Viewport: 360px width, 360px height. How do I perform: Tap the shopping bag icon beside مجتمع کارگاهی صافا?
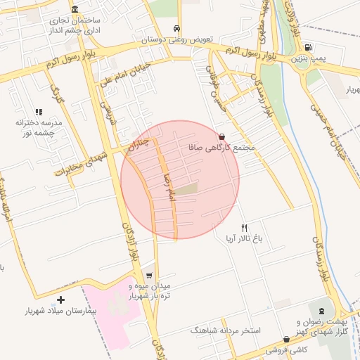coord(223,137)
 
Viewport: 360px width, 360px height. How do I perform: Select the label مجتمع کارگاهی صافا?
coord(221,149)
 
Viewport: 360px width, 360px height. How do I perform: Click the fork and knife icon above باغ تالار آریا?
coord(245,228)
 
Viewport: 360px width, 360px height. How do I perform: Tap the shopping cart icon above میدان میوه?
coord(148,276)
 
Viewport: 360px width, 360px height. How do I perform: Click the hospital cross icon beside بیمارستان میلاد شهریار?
coord(60,300)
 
